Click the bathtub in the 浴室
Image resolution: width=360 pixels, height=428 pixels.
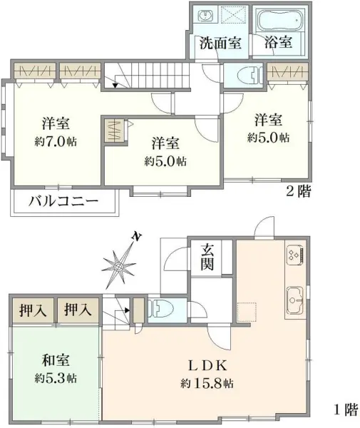(281, 20)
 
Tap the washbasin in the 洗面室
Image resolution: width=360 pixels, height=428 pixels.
(205, 15)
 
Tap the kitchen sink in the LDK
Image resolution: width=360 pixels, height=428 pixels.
(295, 300)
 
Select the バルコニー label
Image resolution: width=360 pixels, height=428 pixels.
(63, 201)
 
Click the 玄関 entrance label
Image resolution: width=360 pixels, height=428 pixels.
(207, 257)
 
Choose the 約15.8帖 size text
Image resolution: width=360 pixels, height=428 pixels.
(207, 384)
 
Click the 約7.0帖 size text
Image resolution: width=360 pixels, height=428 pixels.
(56, 141)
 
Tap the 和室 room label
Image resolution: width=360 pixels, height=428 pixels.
(56, 360)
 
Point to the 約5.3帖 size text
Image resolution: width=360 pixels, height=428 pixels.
(56, 378)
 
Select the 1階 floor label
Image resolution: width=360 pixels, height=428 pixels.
(346, 409)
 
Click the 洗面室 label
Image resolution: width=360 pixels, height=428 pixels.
(220, 43)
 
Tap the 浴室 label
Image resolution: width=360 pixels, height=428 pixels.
(278, 42)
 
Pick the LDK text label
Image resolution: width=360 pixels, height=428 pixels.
(207, 365)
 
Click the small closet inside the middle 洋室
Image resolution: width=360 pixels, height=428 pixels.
(115, 131)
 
